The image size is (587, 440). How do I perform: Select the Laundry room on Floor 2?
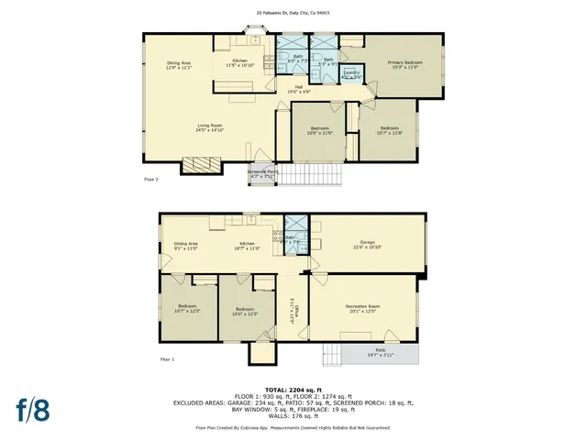coord(350,73)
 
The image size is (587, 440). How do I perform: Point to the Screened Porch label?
coord(261,173)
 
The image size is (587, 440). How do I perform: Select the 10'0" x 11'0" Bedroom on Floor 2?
coord(319,130)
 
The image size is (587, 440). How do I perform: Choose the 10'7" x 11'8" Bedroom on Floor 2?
coord(389,130)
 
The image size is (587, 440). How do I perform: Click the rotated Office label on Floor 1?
coord(293,313)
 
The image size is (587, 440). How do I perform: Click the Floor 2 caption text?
coord(151,180)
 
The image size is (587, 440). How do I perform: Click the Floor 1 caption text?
coord(167,358)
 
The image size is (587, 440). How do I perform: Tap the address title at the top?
coord(293,14)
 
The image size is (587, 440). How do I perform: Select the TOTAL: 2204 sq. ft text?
coord(293,389)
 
